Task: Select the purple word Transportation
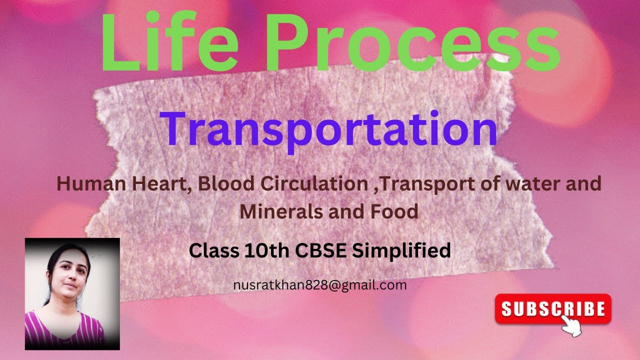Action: click(x=328, y=128)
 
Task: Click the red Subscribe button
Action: click(x=553, y=309)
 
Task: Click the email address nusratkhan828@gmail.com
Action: click(x=319, y=285)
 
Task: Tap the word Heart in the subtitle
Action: click(x=168, y=184)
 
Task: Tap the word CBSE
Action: click(x=321, y=250)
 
